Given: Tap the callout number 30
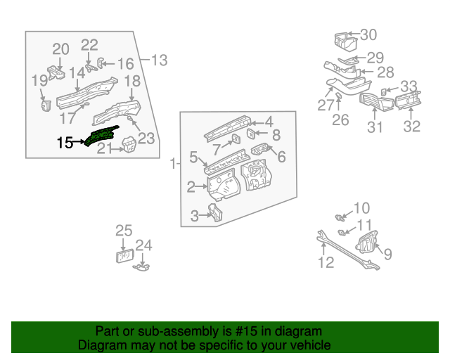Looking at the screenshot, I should (368, 34).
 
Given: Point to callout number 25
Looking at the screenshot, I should (124, 231).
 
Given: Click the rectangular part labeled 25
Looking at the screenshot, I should (125, 256).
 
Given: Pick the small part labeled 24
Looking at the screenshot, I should (142, 266).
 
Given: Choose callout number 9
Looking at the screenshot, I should (387, 254).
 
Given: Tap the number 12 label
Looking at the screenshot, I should (325, 263).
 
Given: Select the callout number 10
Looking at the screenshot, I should (361, 207).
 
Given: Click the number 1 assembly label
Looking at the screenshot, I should (173, 164).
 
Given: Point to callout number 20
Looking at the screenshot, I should (61, 49).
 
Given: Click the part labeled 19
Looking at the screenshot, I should (46, 104).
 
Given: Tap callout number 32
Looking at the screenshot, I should (411, 127).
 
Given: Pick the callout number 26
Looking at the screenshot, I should (340, 120).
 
